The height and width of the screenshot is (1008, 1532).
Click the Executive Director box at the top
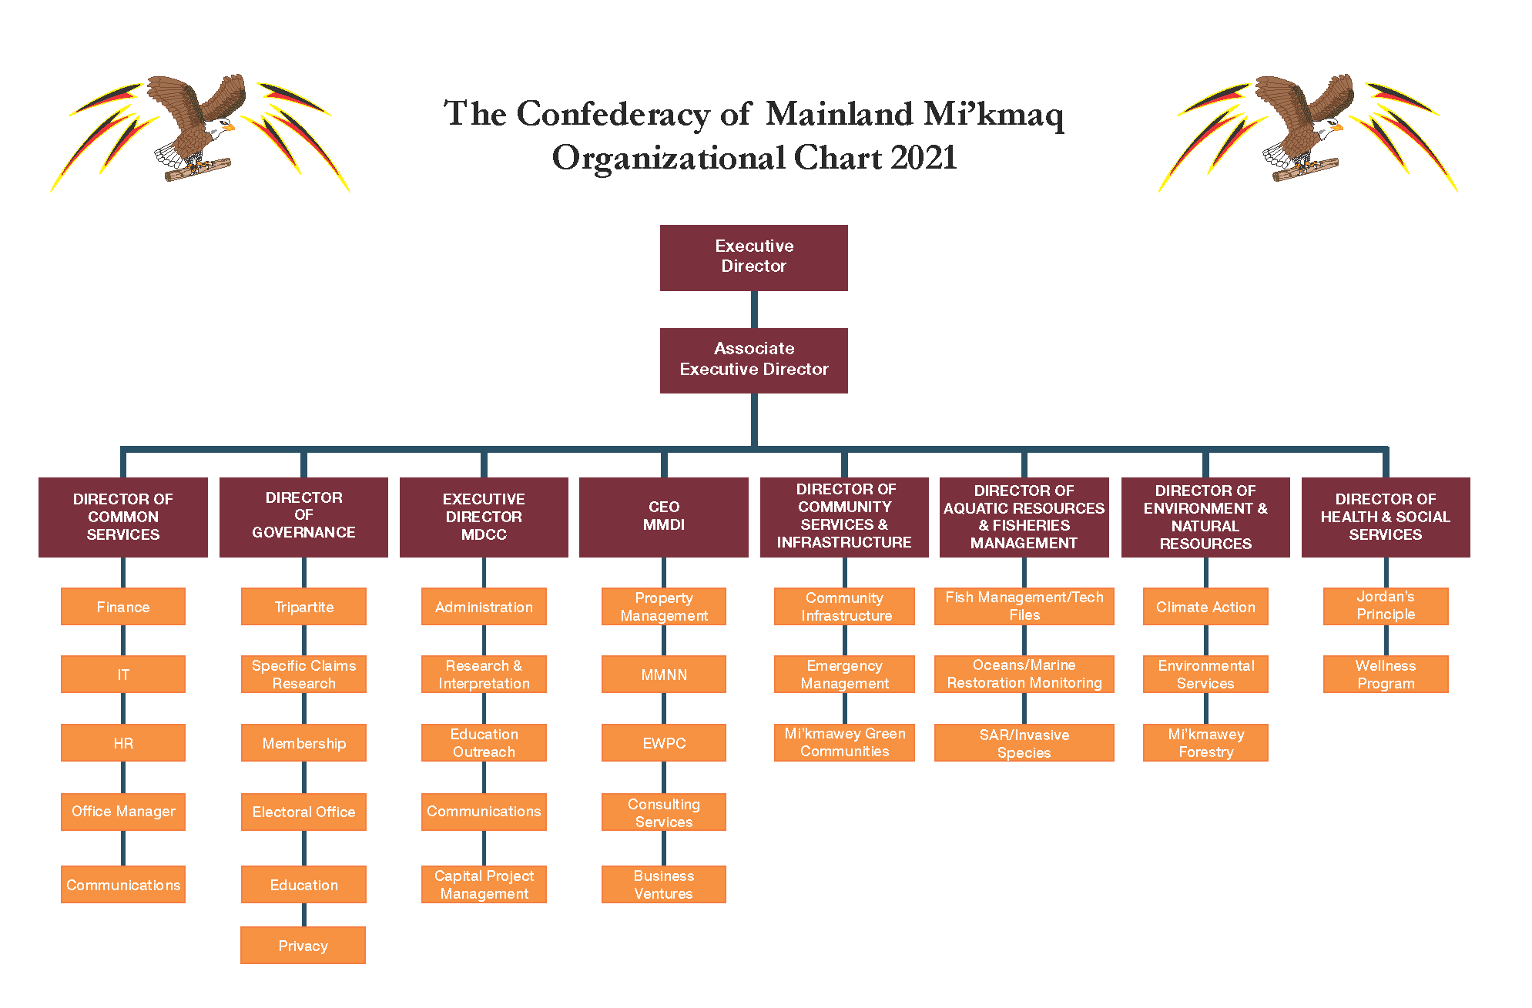click(753, 257)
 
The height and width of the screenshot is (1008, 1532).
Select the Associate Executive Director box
click(753, 360)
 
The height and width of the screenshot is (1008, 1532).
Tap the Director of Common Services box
click(122, 517)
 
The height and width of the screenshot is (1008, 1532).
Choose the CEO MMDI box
click(663, 517)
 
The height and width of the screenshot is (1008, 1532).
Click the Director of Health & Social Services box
click(1385, 517)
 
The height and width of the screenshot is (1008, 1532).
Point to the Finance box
click(122, 607)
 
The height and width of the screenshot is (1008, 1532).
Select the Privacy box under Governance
click(303, 946)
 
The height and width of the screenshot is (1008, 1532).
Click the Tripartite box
click(303, 607)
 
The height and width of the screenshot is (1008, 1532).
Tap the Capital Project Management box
click(484, 885)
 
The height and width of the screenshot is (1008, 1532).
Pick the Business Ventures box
click(663, 885)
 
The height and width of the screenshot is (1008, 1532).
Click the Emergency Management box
click(844, 675)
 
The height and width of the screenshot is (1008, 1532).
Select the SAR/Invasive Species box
click(1024, 743)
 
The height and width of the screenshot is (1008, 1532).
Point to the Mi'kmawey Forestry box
click(1205, 743)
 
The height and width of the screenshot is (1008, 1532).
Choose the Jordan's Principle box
click(1385, 606)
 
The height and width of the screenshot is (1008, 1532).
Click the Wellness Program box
click(1385, 675)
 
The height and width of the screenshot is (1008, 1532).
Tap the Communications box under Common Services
click(122, 885)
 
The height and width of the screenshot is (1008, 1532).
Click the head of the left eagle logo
click(223, 126)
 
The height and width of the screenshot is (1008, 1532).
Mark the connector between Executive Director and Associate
click(754, 310)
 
